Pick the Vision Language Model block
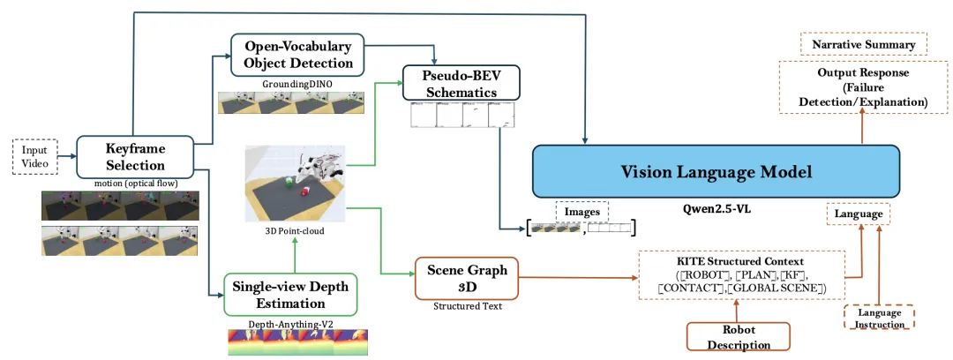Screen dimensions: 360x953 click(x=716, y=172)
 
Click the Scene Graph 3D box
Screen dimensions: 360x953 click(x=466, y=278)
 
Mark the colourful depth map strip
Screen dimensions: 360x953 click(x=297, y=342)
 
